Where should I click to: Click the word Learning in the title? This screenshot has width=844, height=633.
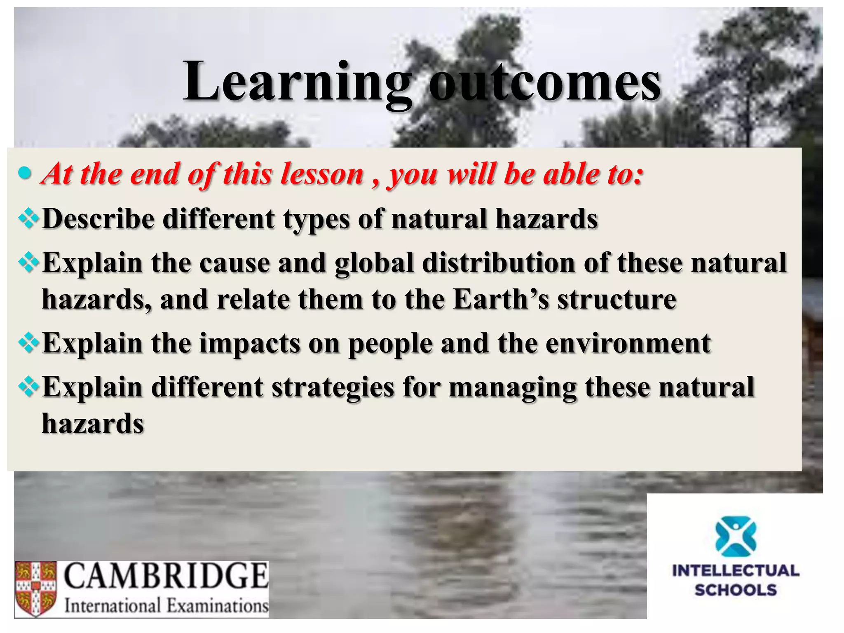click(x=297, y=82)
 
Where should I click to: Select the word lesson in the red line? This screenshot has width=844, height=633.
click(x=321, y=174)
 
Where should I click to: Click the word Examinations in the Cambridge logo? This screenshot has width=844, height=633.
click(x=217, y=606)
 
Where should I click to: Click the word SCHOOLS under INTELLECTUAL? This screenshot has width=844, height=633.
click(x=736, y=590)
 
